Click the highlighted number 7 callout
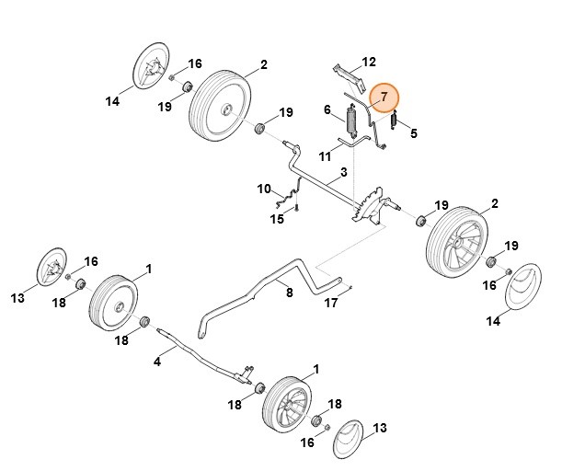coord(384,96)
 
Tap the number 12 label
coord(369,63)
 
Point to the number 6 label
coord(327,111)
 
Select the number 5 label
coord(414,133)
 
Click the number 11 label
coord(325,157)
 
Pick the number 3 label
coord(343,172)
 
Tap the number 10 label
coord(264,189)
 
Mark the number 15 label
coord(277,219)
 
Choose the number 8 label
coord(289,293)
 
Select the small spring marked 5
coord(394,120)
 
